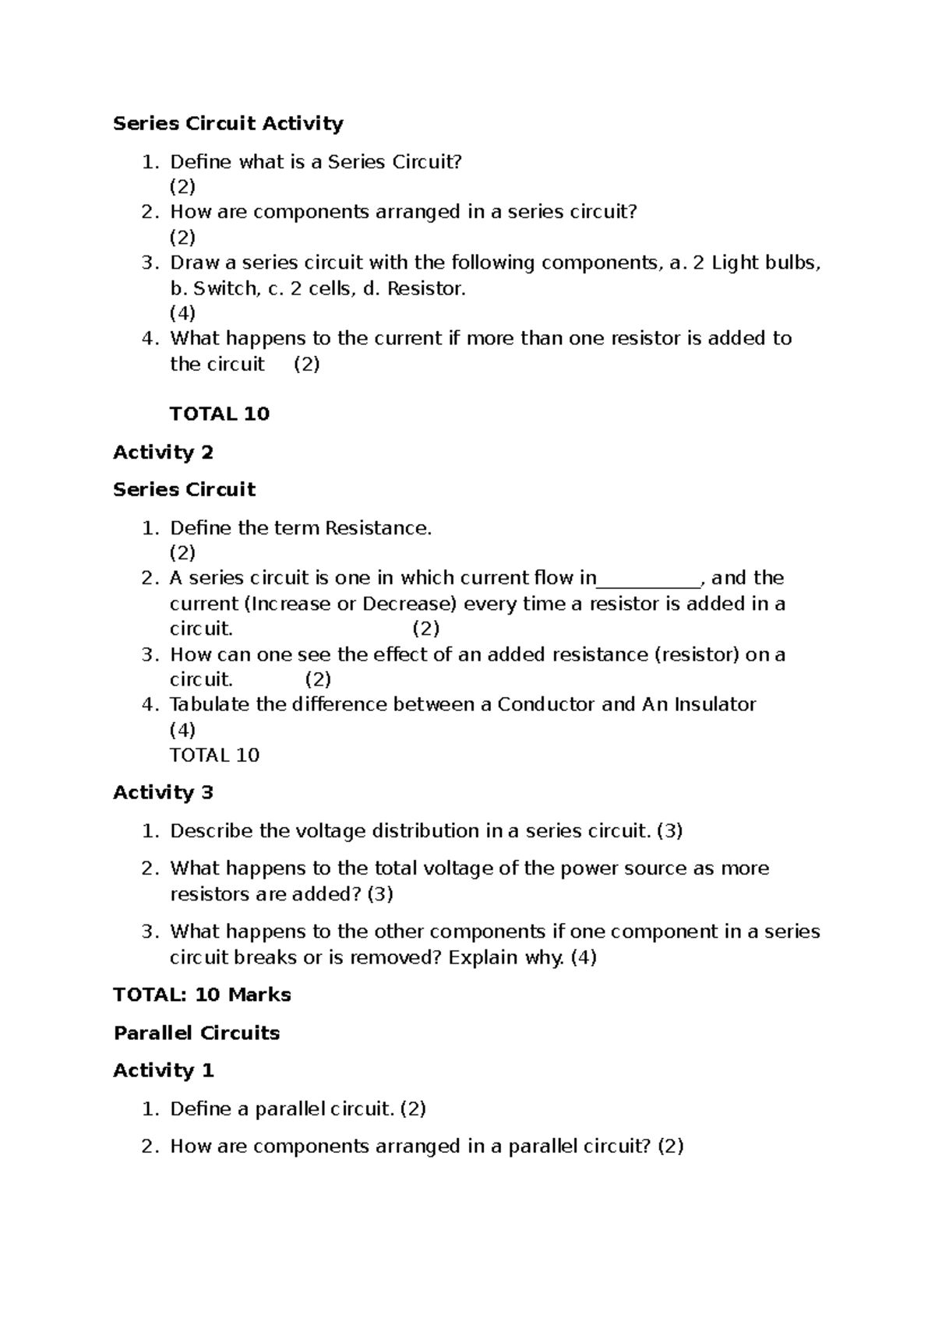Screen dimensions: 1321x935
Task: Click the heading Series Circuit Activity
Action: click(x=228, y=124)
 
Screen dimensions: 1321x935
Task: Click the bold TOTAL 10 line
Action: click(x=219, y=414)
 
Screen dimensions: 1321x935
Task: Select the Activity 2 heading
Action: click(x=163, y=453)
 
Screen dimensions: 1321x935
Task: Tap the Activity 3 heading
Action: click(x=163, y=793)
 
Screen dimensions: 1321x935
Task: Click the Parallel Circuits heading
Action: click(x=196, y=1034)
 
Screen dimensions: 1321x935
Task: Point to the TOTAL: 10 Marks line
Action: click(x=202, y=995)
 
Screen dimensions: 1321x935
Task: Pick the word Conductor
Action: click(x=546, y=705)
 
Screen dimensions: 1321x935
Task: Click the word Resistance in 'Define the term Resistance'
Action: click(x=377, y=529)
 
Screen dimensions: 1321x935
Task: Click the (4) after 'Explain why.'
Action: click(x=584, y=957)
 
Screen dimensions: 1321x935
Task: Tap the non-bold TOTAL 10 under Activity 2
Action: click(x=214, y=756)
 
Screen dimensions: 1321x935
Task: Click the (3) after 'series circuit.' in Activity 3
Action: click(x=669, y=831)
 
